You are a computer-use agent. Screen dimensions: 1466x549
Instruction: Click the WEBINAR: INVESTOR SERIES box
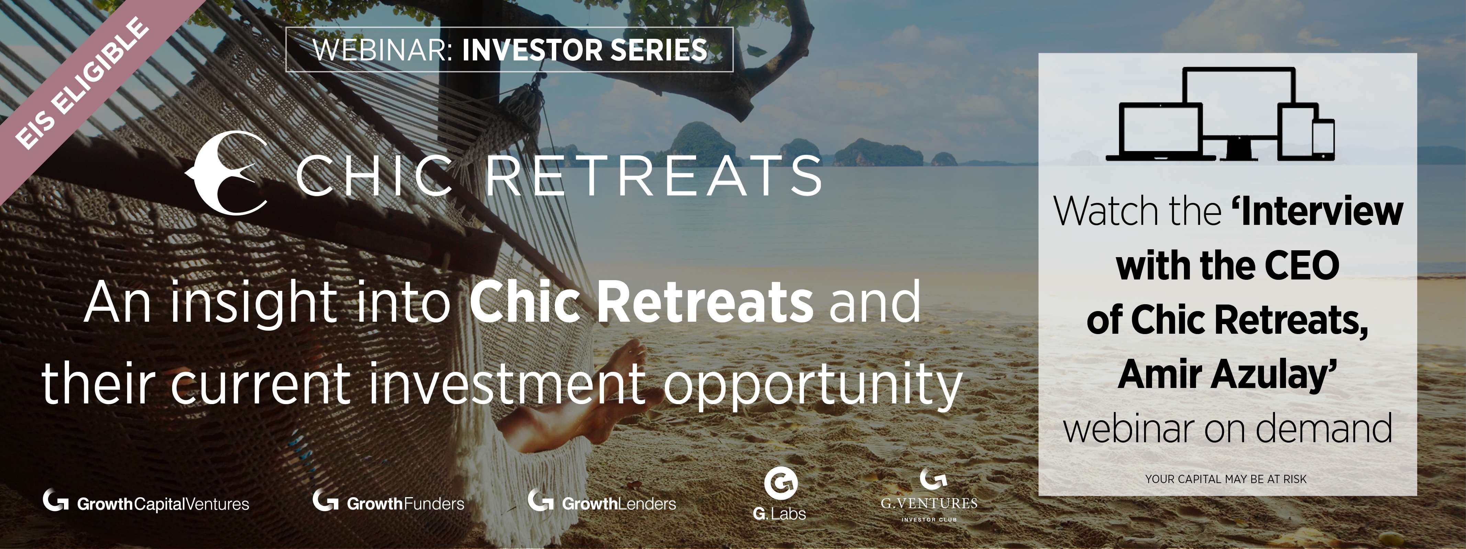(x=510, y=49)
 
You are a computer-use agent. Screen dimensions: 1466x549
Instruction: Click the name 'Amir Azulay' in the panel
(x=1227, y=376)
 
